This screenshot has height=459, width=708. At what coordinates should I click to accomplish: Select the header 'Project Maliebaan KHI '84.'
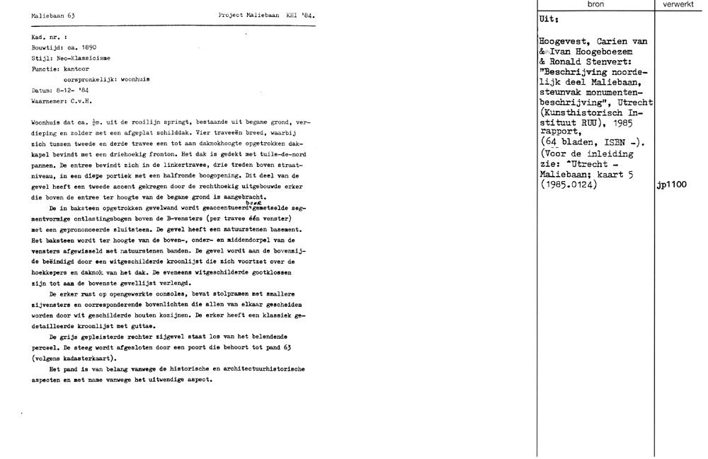click(268, 15)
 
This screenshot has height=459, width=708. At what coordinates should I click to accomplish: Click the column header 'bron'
click(595, 5)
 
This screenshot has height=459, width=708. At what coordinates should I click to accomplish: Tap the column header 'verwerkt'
click(680, 5)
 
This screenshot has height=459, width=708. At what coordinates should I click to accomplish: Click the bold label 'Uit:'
click(549, 21)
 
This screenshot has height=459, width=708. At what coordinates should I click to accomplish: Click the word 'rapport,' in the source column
click(559, 131)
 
